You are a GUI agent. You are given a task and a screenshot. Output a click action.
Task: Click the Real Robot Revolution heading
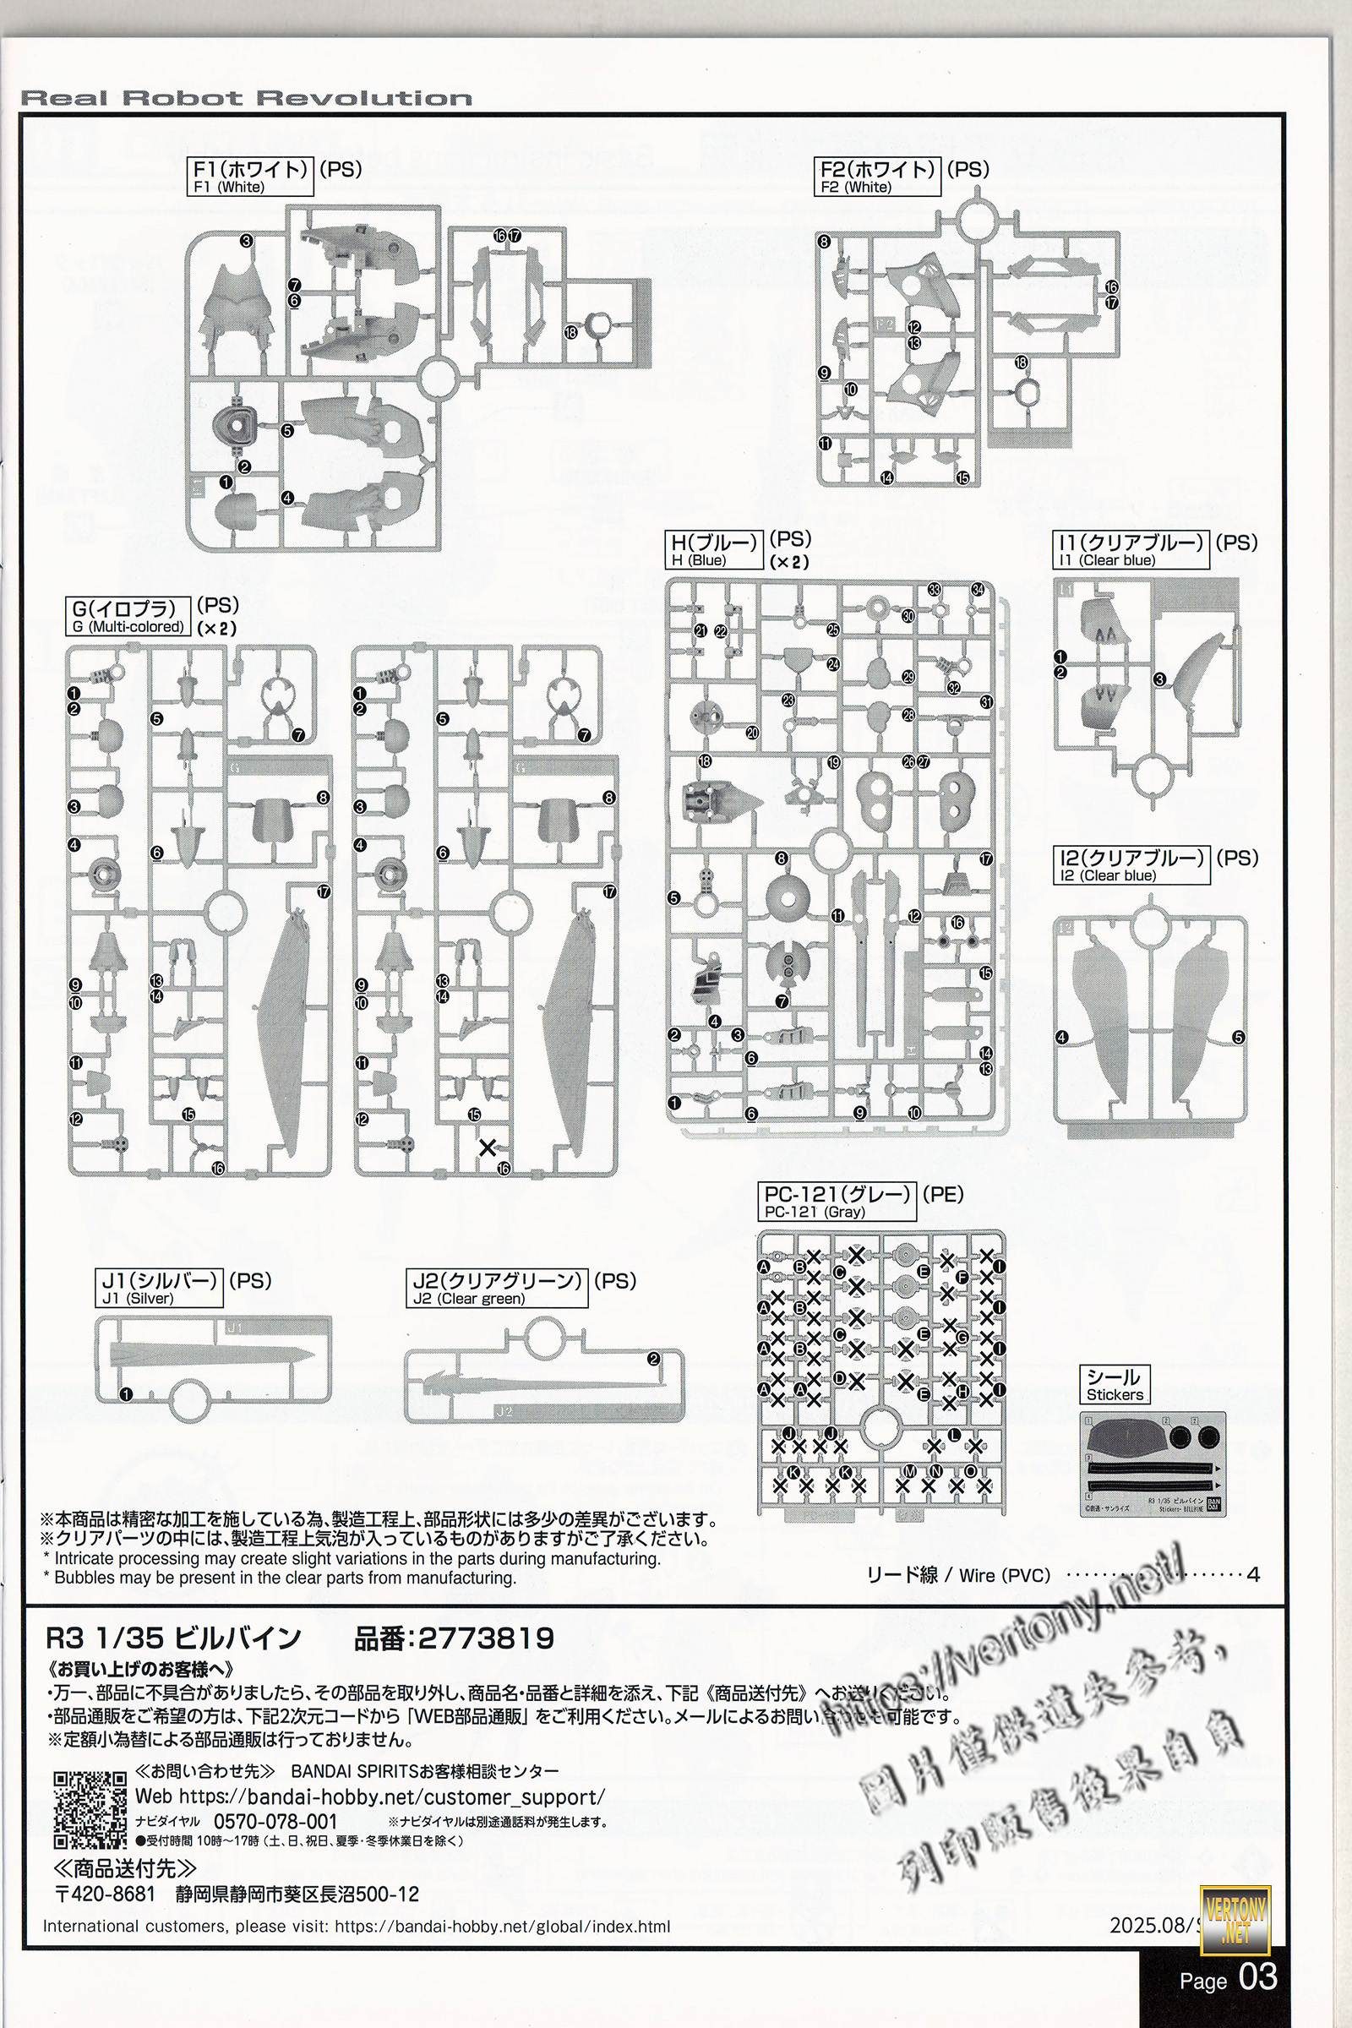(246, 98)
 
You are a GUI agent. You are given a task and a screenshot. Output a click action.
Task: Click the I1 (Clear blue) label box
(1131, 550)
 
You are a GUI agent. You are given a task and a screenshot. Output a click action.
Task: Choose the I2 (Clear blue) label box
(1131, 865)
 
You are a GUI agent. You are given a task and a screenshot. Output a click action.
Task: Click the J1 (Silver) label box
(160, 1287)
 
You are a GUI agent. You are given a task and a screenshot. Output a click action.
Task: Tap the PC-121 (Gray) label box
(838, 1202)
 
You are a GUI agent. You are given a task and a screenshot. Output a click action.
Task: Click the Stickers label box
(1114, 1384)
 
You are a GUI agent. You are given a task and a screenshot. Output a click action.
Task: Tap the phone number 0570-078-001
(275, 1821)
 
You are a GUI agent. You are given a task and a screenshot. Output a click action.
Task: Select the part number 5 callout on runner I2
(1238, 1038)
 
